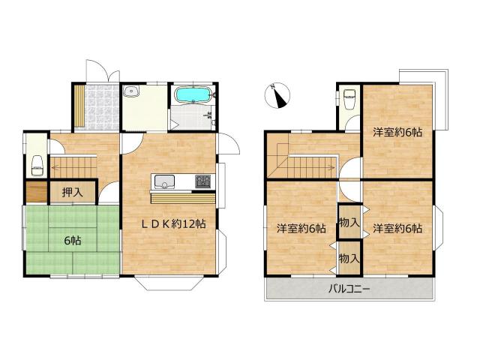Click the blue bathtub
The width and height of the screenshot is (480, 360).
point(193,94)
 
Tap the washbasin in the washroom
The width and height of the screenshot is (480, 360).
point(132,91)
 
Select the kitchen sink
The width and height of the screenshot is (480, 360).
point(164,181)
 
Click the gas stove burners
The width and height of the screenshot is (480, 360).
point(203,181)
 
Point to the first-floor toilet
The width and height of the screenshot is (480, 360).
point(37,166)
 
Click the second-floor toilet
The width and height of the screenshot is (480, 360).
point(349,98)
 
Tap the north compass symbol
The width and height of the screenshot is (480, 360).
point(277,96)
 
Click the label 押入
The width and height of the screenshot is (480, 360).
point(73,192)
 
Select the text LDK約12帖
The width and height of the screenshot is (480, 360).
point(173,224)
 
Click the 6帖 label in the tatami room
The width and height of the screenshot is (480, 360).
point(73,241)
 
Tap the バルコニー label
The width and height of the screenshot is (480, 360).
point(349,289)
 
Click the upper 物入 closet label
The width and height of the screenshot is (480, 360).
point(349,223)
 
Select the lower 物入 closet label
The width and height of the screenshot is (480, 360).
point(349,259)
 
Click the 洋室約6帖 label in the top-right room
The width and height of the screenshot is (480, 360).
point(397,132)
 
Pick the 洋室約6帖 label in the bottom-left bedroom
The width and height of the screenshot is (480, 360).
point(301,228)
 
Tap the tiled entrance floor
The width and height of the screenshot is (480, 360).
point(101,106)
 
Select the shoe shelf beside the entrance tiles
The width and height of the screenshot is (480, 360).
point(79,106)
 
